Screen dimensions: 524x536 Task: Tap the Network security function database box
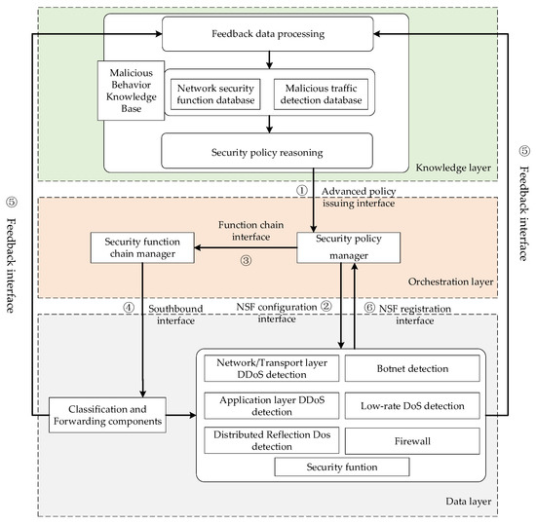tap(213, 93)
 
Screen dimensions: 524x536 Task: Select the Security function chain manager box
tap(142, 247)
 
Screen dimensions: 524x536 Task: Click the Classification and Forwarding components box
tap(104, 414)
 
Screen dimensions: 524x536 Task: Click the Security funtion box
tap(340, 467)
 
